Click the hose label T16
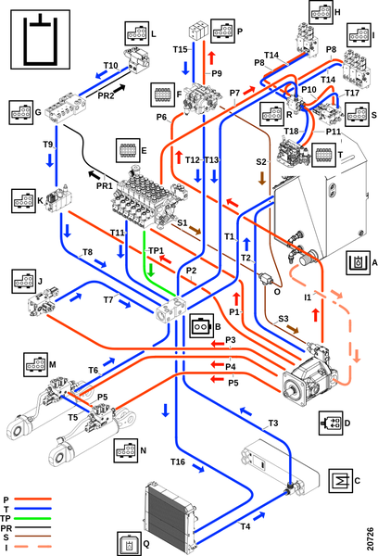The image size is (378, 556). (x=178, y=461)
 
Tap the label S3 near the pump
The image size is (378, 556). (x=283, y=319)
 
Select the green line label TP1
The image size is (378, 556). (x=156, y=251)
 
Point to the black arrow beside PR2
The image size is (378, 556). (x=120, y=89)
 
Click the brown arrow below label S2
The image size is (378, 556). (x=262, y=178)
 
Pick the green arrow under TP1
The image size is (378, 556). (x=151, y=271)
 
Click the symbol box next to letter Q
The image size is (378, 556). (x=129, y=543)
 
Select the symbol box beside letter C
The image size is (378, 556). (x=341, y=481)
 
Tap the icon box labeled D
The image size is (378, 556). (x=331, y=423)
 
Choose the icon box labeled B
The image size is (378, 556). (x=201, y=326)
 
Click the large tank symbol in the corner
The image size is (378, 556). (x=41, y=39)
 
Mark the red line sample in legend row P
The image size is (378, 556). (x=32, y=499)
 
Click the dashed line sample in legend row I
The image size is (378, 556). (x=32, y=547)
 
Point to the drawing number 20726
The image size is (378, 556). (x=371, y=538)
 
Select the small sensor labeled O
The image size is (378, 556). (x=267, y=279)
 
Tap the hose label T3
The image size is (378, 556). (x=272, y=423)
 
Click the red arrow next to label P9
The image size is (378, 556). (x=211, y=58)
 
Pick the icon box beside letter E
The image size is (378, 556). (x=128, y=150)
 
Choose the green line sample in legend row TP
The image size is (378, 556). (x=32, y=518)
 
